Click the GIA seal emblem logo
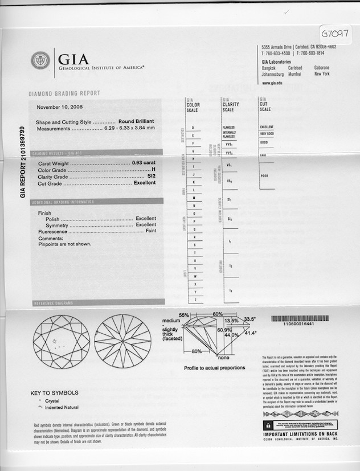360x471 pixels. (x=40, y=60)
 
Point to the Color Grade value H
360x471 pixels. (x=154, y=170)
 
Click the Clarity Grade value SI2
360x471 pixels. (x=152, y=177)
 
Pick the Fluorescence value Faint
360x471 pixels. (x=151, y=232)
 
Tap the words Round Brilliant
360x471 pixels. (x=137, y=122)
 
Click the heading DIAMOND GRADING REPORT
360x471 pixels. (x=64, y=93)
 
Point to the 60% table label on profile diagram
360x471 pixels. (x=218, y=314)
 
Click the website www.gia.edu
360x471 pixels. (x=273, y=83)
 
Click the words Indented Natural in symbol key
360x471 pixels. (x=62, y=408)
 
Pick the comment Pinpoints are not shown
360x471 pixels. (x=64, y=244)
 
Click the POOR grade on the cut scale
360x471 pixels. (x=264, y=176)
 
